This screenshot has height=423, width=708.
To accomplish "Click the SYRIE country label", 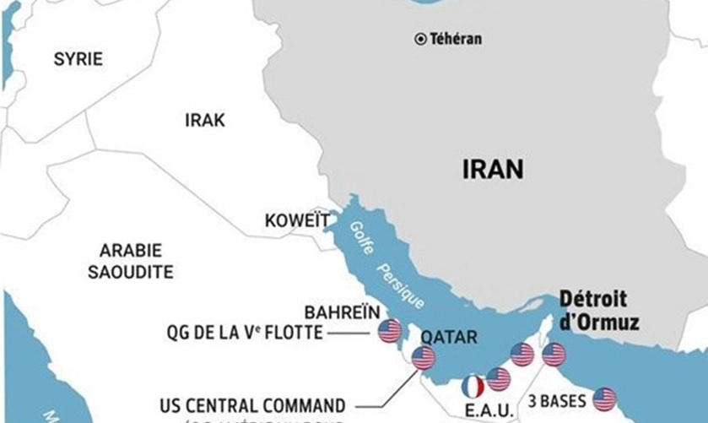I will [x=78, y=59].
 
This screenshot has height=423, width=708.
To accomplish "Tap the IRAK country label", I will [x=205, y=121].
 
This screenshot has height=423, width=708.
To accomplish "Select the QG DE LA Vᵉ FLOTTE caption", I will [x=245, y=333].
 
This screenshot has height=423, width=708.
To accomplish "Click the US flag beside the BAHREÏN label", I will [x=389, y=331].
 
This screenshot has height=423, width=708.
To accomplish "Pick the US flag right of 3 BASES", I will [x=604, y=399].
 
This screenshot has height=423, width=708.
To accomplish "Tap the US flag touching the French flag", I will [x=499, y=380].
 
